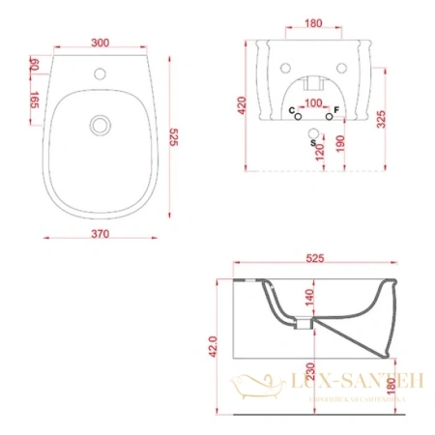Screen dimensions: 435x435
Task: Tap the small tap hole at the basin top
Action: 101,72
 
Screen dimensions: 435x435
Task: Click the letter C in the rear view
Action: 293,113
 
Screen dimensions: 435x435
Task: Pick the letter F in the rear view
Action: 335,113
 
